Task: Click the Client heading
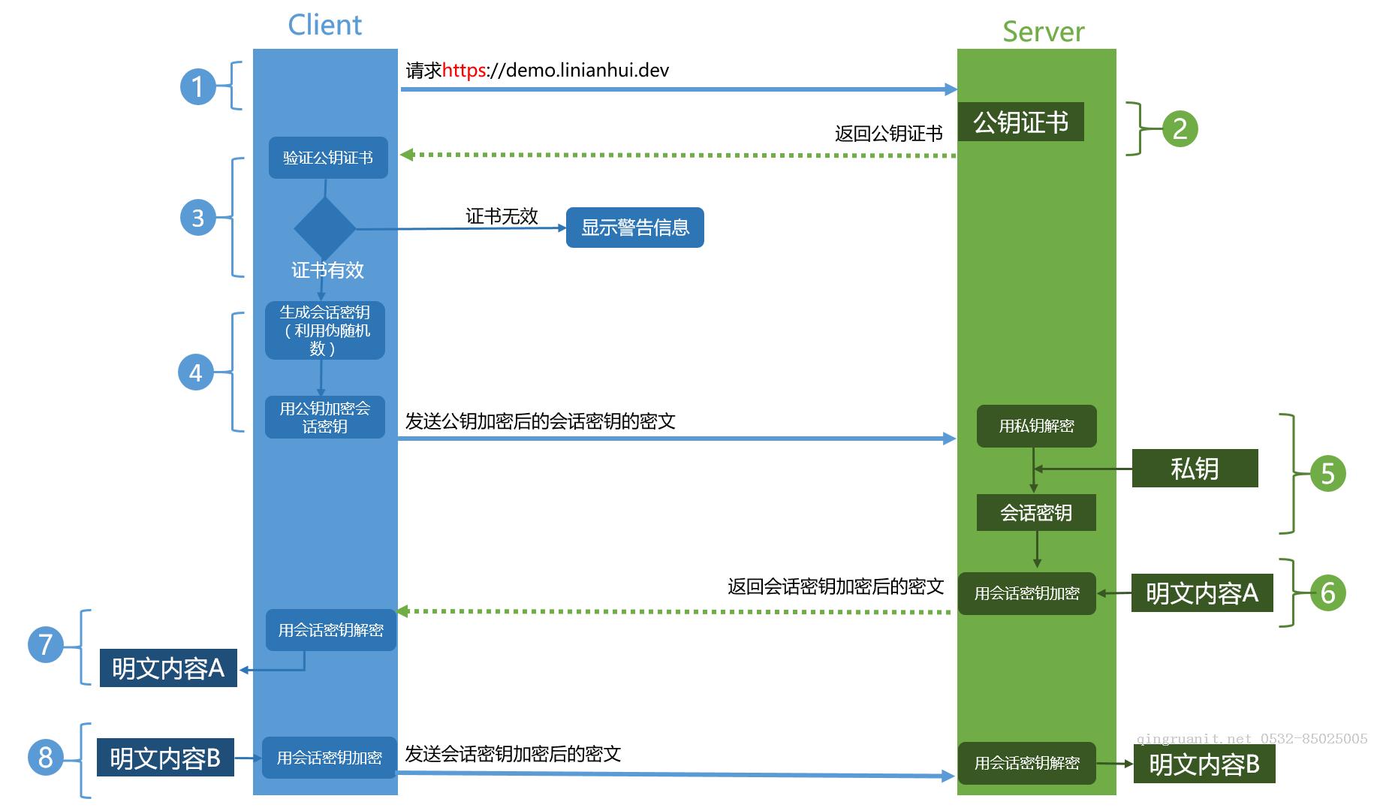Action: click(x=324, y=25)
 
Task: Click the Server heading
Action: click(x=1043, y=32)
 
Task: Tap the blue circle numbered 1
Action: click(x=197, y=86)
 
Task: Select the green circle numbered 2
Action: click(x=1179, y=128)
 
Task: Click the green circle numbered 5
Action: click(x=1327, y=474)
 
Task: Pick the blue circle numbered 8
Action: click(x=45, y=756)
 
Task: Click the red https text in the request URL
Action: click(x=463, y=71)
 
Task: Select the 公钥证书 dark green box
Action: click(x=1020, y=122)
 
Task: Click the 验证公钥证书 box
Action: click(x=328, y=158)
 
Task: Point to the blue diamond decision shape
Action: click(x=324, y=228)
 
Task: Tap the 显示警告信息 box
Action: click(x=634, y=228)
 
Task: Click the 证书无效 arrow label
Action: click(x=502, y=216)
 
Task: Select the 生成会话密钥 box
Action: click(x=324, y=330)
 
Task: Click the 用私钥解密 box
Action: click(x=1036, y=426)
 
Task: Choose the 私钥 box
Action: click(x=1195, y=469)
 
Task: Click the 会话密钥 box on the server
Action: click(x=1035, y=513)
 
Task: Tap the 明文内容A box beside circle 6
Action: click(x=1201, y=593)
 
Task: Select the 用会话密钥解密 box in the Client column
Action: click(x=330, y=630)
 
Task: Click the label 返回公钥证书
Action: click(x=888, y=134)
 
